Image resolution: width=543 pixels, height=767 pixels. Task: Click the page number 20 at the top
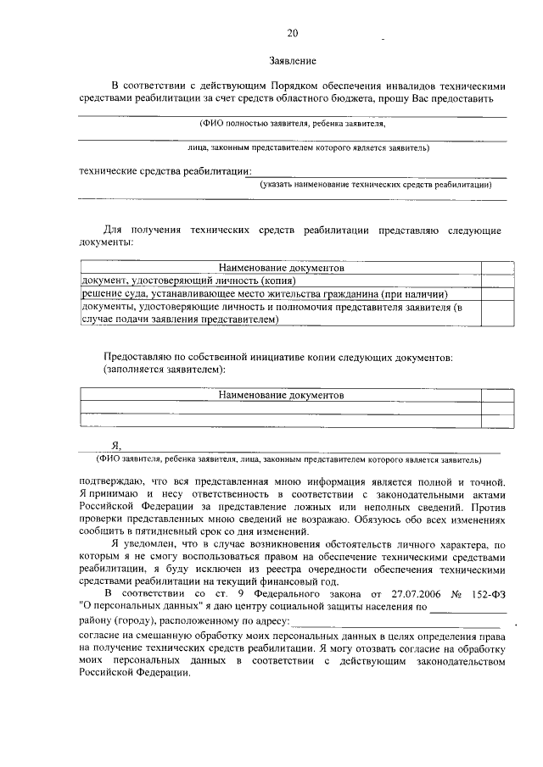(x=293, y=33)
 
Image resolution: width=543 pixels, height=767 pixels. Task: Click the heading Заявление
(x=292, y=61)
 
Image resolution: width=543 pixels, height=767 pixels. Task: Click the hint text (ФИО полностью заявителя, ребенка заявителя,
(x=293, y=123)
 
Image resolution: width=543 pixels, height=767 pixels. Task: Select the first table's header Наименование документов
(x=281, y=267)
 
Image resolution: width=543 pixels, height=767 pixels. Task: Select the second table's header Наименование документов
(x=281, y=395)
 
